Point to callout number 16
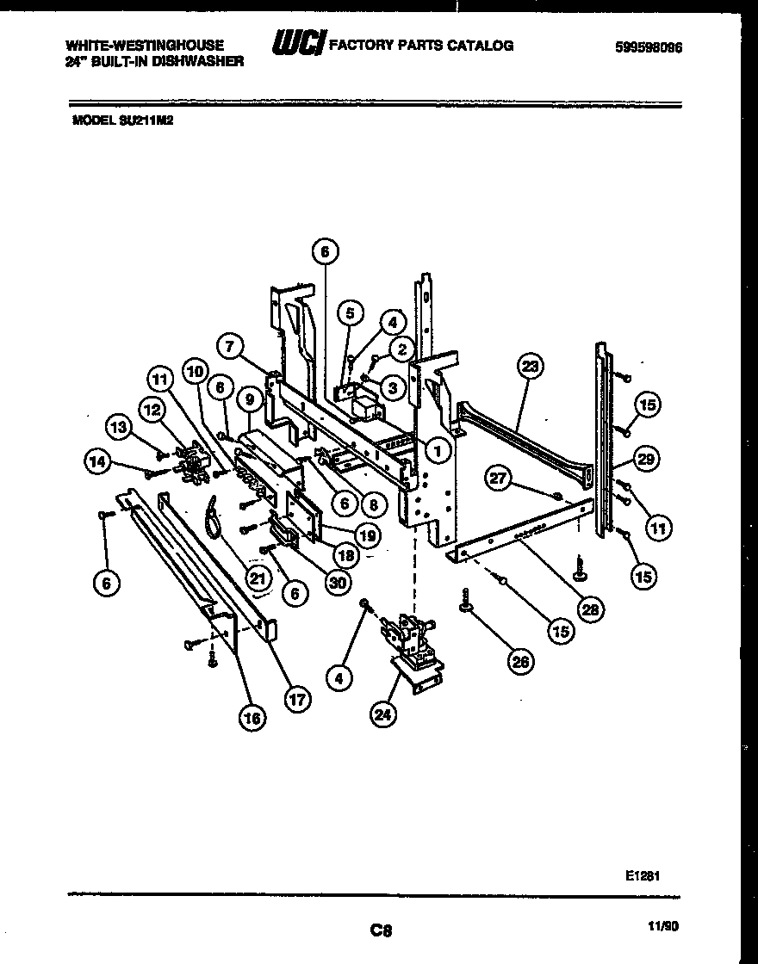pyautogui.click(x=252, y=716)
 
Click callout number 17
pyautogui.click(x=296, y=700)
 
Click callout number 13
pyautogui.click(x=119, y=426)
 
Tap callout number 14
pyautogui.click(x=97, y=461)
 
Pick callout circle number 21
pyautogui.click(x=257, y=579)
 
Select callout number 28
pyautogui.click(x=590, y=610)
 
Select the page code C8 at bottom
pyautogui.click(x=380, y=930)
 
